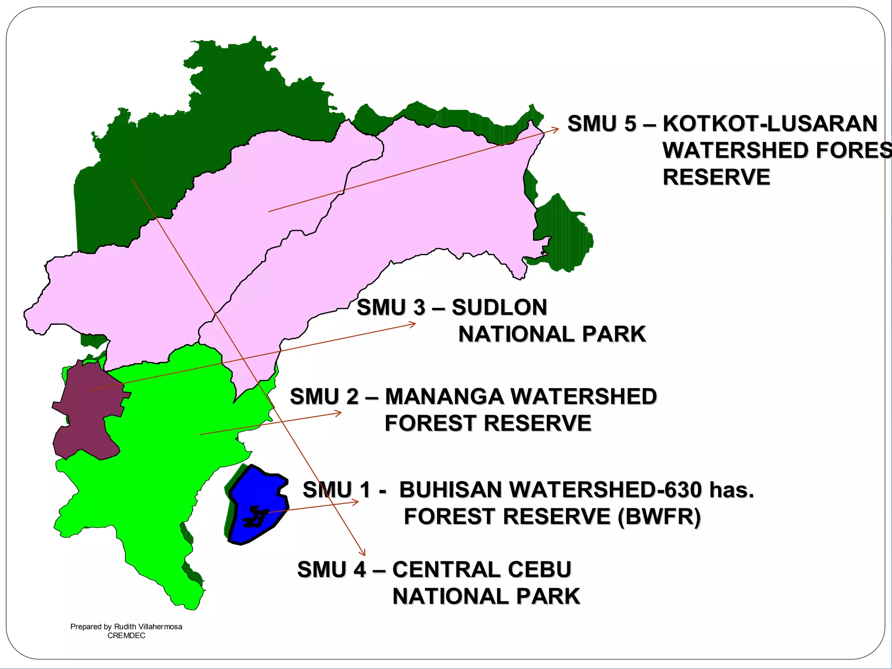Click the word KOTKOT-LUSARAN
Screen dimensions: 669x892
click(770, 124)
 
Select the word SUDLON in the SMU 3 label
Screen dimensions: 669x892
click(499, 307)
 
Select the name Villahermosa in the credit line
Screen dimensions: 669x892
click(160, 627)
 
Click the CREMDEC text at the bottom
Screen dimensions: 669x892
click(126, 635)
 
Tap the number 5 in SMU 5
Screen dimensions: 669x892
click(630, 124)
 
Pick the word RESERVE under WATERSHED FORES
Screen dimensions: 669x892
click(716, 177)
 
